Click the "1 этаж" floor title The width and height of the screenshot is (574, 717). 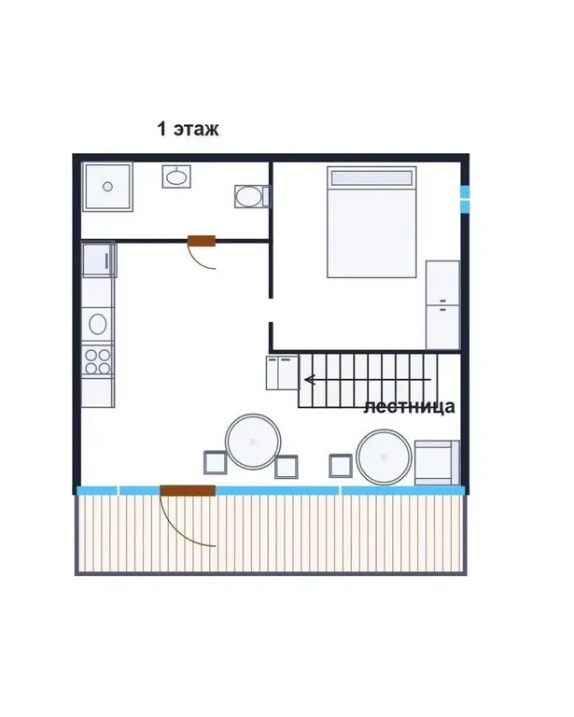point(188,129)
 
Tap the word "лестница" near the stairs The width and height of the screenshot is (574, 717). point(410,406)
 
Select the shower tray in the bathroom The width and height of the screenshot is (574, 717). point(108,187)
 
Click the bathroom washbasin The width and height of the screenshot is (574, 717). point(176,177)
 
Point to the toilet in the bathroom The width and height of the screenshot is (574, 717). point(252,197)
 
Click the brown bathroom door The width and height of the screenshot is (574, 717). point(202,241)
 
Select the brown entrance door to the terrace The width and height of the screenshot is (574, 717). point(188,491)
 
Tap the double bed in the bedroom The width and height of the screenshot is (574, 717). point(371,222)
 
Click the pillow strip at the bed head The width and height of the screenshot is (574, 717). point(371,178)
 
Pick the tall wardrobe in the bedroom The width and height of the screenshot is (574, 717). point(442,305)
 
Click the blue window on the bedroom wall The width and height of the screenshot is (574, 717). point(465,199)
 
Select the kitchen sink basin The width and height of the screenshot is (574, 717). point(98,324)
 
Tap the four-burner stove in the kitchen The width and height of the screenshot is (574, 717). point(98,361)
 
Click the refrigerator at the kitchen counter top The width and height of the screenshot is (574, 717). point(99,260)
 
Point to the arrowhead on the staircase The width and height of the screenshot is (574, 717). point(310,380)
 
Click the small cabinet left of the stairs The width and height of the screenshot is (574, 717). point(283,373)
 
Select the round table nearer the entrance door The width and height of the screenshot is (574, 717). point(253,442)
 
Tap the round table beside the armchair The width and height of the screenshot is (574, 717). point(384,457)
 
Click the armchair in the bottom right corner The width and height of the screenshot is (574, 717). point(437,462)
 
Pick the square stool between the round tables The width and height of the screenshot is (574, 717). point(341,466)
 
